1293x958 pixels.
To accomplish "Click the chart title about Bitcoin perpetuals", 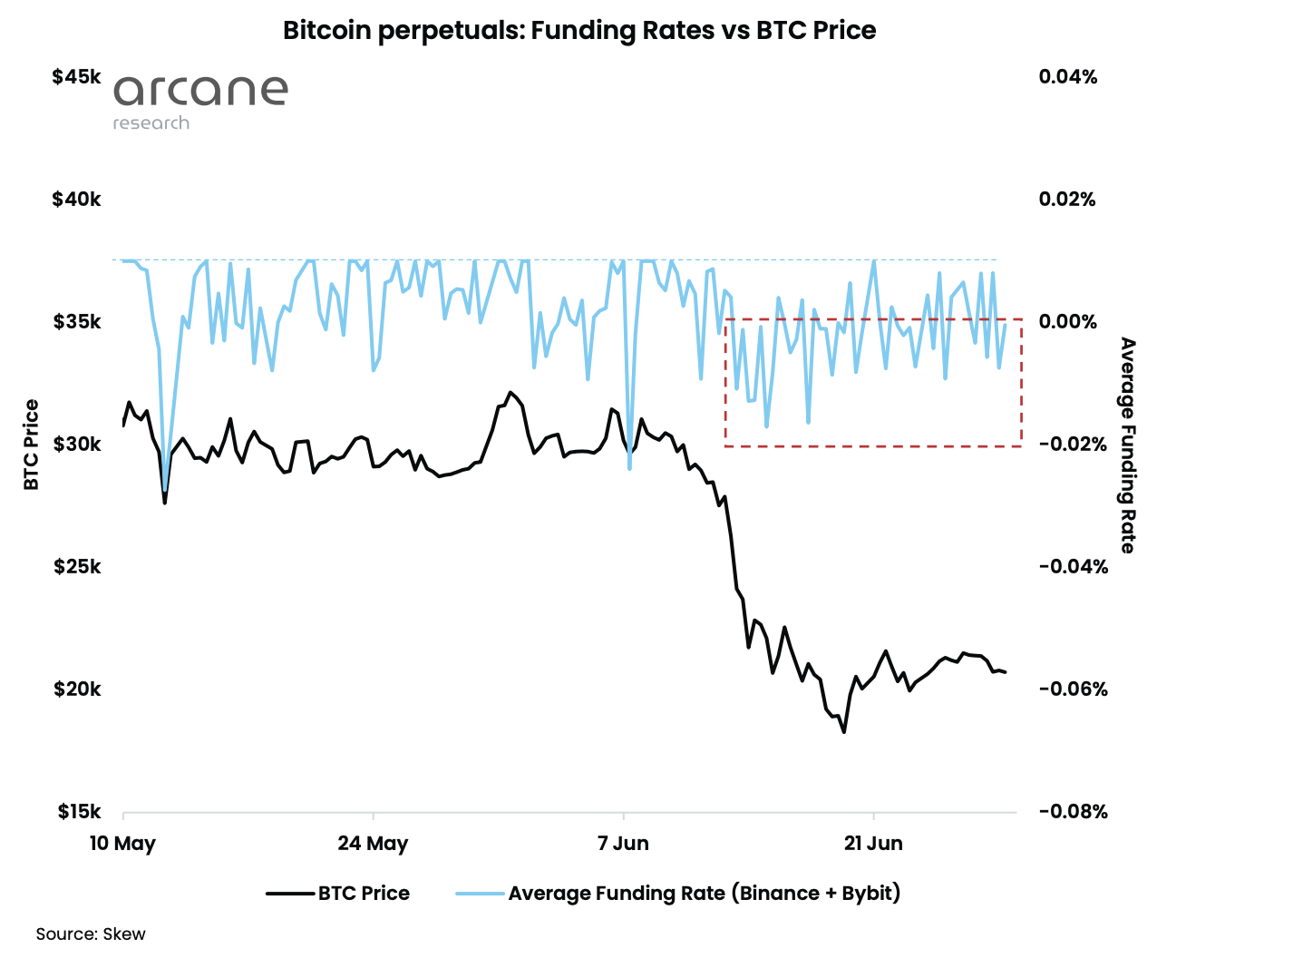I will (x=579, y=30).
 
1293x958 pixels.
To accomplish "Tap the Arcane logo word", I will (x=200, y=90).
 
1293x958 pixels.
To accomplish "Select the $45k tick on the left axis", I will (x=76, y=77).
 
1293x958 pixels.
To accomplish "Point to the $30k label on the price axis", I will (x=76, y=445).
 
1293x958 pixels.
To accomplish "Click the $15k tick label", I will (x=78, y=812).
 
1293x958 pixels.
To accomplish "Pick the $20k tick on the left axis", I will (x=77, y=689).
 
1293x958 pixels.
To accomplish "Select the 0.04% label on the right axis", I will (x=1067, y=77).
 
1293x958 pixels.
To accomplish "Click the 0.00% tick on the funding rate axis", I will (x=1067, y=322).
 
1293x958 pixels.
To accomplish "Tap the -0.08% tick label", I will (x=1073, y=812).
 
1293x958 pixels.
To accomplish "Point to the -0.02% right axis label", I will (x=1073, y=445).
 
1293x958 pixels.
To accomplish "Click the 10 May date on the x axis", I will (x=122, y=844).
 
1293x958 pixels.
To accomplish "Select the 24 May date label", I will (x=373, y=844).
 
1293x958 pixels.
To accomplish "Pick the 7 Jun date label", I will (x=623, y=844).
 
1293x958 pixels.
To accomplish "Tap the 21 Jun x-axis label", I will (x=873, y=844).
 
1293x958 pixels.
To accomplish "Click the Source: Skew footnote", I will (x=91, y=934).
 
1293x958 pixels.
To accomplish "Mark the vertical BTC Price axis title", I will (x=32, y=445).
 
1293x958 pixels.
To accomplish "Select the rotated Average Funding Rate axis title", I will (x=1127, y=445).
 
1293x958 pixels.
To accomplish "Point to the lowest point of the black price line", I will (x=844, y=731).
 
